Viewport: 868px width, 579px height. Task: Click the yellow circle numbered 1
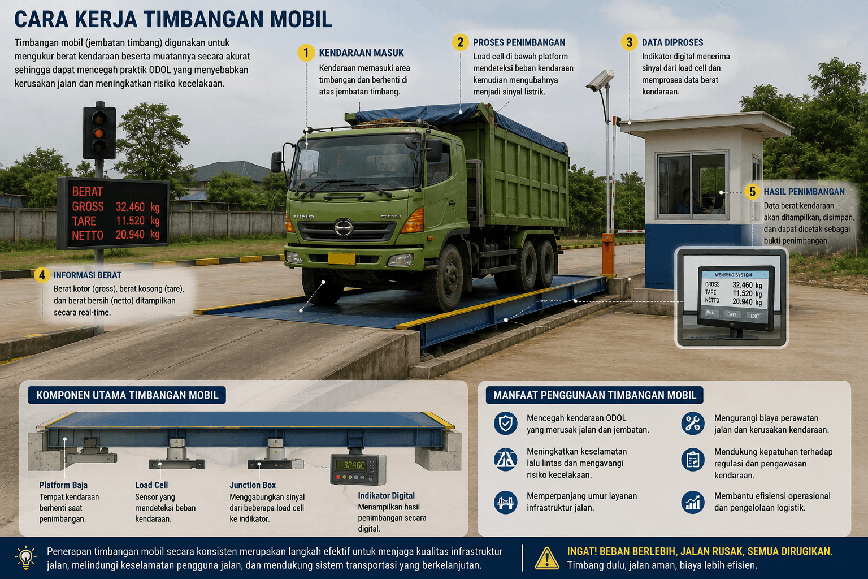306,53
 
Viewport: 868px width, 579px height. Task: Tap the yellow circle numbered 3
629,42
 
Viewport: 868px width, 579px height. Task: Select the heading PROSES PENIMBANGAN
519,42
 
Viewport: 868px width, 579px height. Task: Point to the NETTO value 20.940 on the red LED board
130,235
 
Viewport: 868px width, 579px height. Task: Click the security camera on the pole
600,80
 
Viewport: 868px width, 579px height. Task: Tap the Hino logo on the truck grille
344,227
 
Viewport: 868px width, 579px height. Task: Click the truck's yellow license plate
341,258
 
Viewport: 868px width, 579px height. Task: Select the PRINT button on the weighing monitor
711,313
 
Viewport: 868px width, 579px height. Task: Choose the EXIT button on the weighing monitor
754,316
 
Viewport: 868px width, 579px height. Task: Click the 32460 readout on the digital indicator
354,465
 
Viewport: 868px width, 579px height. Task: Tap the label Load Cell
151,485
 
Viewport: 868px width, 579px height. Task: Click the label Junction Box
253,485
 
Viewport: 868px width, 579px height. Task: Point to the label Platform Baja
63,485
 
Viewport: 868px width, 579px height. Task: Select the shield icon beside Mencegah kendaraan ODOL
505,423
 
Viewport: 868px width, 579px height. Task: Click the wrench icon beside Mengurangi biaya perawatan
693,423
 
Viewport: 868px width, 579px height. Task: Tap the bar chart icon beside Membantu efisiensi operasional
693,502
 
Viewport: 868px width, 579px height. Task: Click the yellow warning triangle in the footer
547,559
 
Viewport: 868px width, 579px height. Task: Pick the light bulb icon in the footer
25,558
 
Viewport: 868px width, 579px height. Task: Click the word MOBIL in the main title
301,19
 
